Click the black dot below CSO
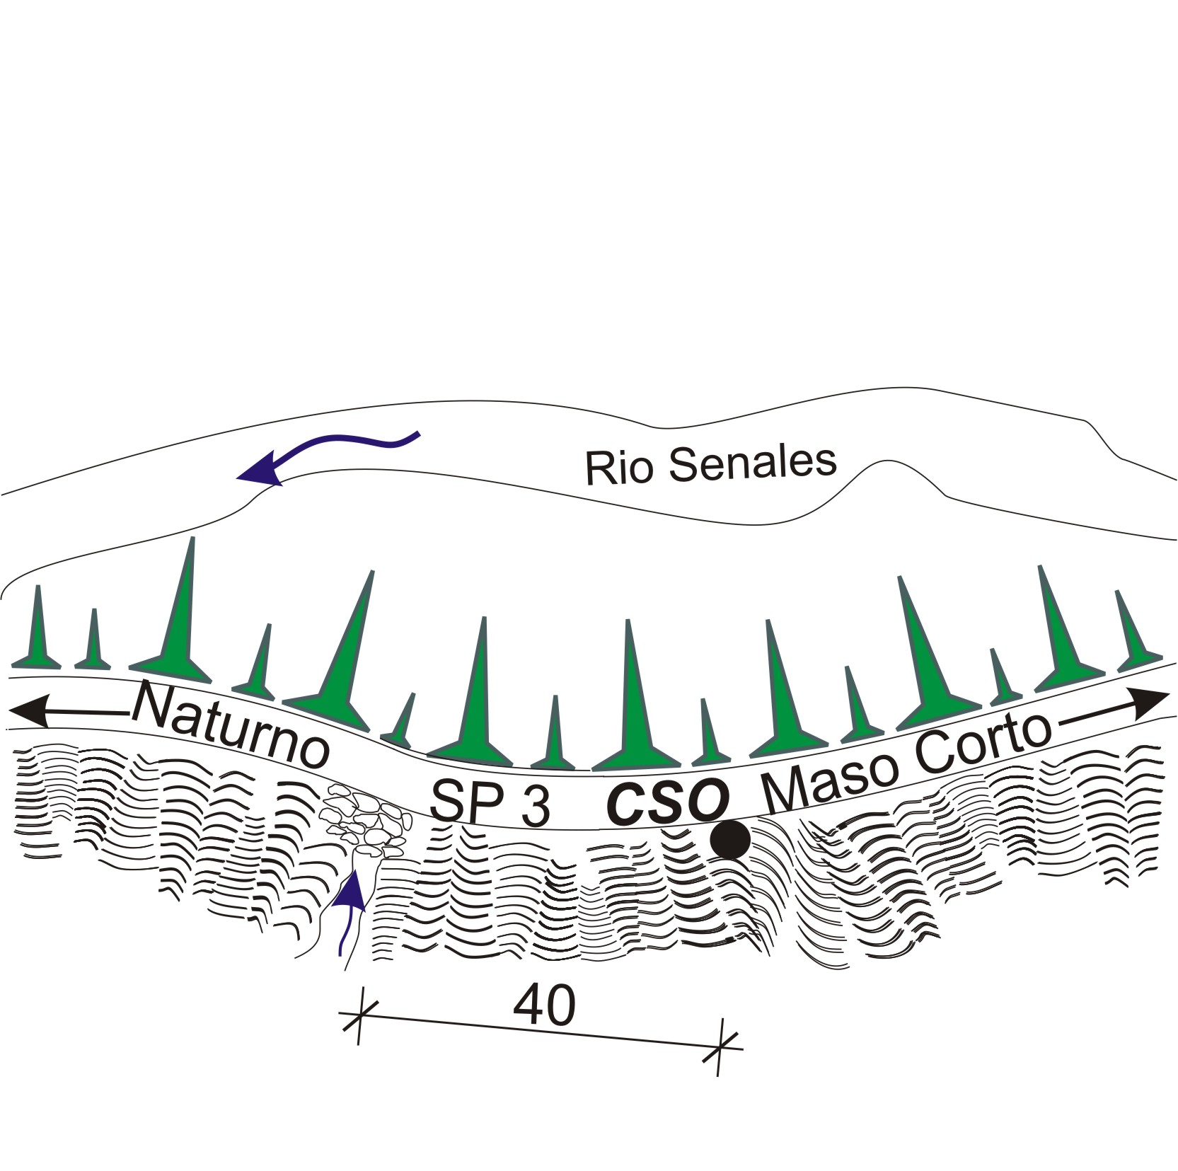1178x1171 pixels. click(730, 839)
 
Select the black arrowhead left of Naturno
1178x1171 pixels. click(28, 710)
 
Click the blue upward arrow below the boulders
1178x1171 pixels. click(350, 913)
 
